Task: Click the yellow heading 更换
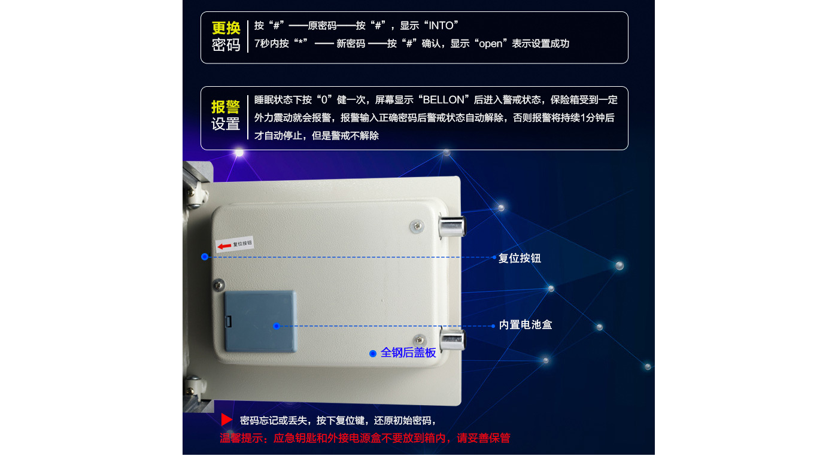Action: pyautogui.click(x=226, y=28)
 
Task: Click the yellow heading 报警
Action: pyautogui.click(x=226, y=107)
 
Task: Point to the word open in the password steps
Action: pyautogui.click(x=490, y=44)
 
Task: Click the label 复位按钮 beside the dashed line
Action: pyautogui.click(x=520, y=258)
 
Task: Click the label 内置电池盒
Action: pyautogui.click(x=526, y=325)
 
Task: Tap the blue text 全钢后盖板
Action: pyautogui.click(x=408, y=352)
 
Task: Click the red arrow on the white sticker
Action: pyautogui.click(x=224, y=246)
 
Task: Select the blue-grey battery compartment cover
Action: pyautogui.click(x=260, y=321)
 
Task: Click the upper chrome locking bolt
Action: pyautogui.click(x=451, y=227)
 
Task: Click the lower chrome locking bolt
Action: pyautogui.click(x=453, y=340)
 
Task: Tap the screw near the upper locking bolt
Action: pyautogui.click(x=417, y=226)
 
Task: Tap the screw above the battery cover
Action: pyautogui.click(x=219, y=285)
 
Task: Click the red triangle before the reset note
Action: pyautogui.click(x=226, y=419)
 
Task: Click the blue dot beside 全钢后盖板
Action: pyautogui.click(x=372, y=354)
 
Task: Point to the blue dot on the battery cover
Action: pyautogui.click(x=277, y=326)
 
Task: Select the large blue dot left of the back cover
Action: pyautogui.click(x=205, y=257)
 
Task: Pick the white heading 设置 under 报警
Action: pyautogui.click(x=226, y=124)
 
